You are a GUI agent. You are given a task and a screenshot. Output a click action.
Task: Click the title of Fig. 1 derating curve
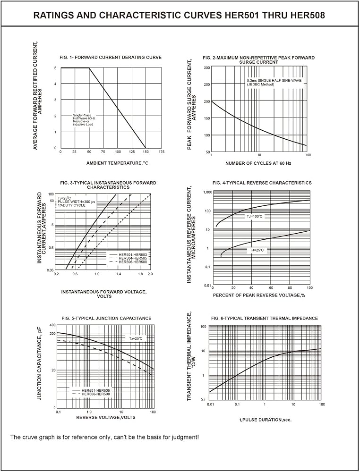click(x=111, y=57)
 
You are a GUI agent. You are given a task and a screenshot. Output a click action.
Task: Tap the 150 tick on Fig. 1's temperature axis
click(x=146, y=152)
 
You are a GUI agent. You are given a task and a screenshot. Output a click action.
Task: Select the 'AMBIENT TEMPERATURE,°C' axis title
click(x=118, y=163)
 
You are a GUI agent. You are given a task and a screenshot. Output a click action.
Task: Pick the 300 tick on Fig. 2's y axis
click(x=206, y=67)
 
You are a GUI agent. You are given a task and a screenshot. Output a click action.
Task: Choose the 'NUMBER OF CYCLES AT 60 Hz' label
click(x=258, y=163)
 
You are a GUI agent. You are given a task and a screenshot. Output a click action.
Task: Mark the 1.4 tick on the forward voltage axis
click(x=119, y=274)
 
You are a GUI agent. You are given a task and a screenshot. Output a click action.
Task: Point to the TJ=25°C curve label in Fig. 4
click(x=257, y=250)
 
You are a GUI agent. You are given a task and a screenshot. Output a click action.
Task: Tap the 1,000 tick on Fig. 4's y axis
click(x=207, y=192)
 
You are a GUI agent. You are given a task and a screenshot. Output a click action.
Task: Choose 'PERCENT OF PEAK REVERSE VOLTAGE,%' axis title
click(x=259, y=295)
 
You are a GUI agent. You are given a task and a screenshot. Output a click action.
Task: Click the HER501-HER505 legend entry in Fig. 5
click(x=95, y=390)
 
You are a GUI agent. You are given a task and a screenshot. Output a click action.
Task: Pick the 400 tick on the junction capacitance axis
click(x=52, y=325)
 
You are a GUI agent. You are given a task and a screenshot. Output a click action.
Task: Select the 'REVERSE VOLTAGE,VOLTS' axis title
click(x=106, y=417)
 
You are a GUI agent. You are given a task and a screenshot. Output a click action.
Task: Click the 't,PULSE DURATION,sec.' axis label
click(x=266, y=420)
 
